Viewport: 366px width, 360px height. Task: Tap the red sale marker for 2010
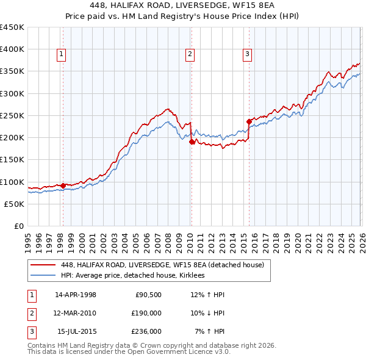coord(192,142)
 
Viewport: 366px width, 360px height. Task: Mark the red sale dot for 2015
coord(249,121)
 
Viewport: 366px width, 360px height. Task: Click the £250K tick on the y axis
coord(13,115)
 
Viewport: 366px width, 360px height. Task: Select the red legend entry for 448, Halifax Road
coord(162,265)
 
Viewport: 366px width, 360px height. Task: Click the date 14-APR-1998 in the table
coord(76,294)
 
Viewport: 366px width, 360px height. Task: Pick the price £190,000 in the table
coord(146,313)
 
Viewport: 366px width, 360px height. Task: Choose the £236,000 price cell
coord(146,332)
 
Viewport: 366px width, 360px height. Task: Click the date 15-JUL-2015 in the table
coord(76,332)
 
